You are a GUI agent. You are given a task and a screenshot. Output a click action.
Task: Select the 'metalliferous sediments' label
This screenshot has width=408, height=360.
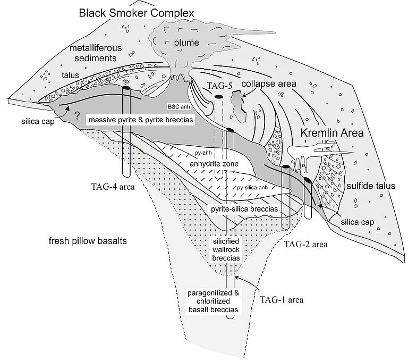[x=96, y=54]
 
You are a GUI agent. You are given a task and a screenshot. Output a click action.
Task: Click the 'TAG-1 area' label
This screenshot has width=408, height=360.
[x=282, y=299]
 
